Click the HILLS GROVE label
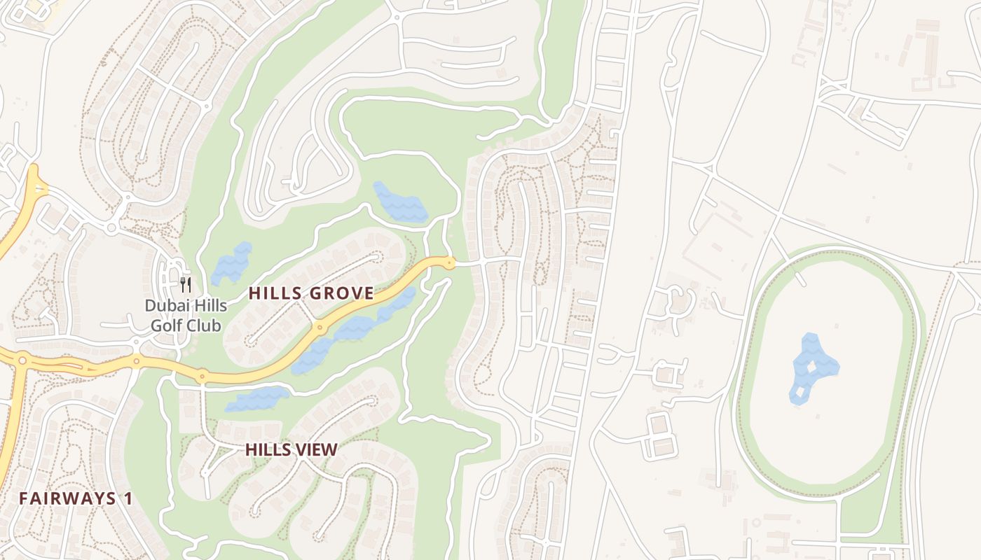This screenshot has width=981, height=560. (311, 293)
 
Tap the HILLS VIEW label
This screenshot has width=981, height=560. (291, 450)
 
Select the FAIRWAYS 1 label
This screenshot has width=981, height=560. (76, 498)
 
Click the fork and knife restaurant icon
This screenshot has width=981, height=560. (186, 284)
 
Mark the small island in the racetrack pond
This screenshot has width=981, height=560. (811, 367)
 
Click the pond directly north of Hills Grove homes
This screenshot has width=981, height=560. (399, 203)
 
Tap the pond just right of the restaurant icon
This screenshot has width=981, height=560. (231, 263)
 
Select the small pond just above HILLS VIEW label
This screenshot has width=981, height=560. (257, 399)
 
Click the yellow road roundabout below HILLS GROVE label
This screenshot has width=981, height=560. (320, 327)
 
